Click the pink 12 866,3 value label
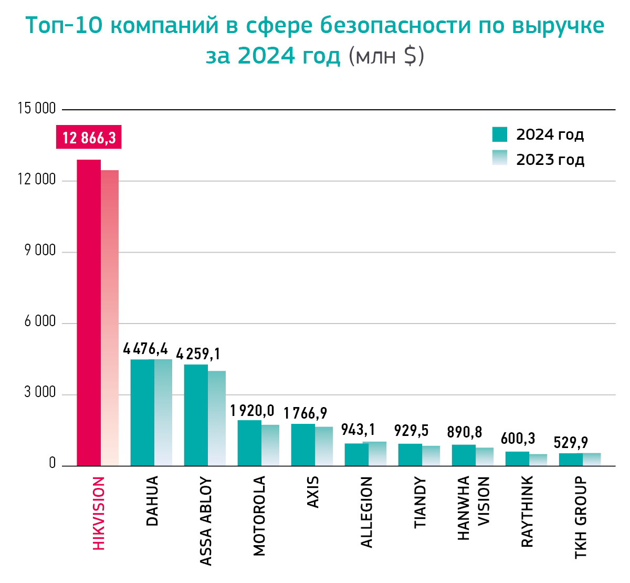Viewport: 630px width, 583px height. pyautogui.click(x=89, y=138)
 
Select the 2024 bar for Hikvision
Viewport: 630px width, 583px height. pyautogui.click(x=89, y=313)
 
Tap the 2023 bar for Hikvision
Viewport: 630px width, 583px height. pyautogui.click(x=110, y=318)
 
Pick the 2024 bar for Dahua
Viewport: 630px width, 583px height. pyautogui.click(x=142, y=412)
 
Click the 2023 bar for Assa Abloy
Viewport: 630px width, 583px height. pyautogui.click(x=217, y=418)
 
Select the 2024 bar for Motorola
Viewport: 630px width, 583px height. pyautogui.click(x=249, y=443)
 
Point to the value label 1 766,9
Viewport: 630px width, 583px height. pyautogui.click(x=306, y=413)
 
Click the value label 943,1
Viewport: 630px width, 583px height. pyautogui.click(x=358, y=430)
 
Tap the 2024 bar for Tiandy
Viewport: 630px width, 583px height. pyautogui.click(x=410, y=455)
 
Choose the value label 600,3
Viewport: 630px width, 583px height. pyautogui.click(x=518, y=438)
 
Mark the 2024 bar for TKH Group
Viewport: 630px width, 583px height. pyautogui.click(x=571, y=460)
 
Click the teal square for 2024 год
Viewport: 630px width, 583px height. pyautogui.click(x=500, y=134)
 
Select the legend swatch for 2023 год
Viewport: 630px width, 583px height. pyautogui.click(x=500, y=158)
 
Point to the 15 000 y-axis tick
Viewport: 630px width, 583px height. pyautogui.click(x=37, y=109)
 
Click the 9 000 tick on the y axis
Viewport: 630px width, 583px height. pyautogui.click(x=40, y=251)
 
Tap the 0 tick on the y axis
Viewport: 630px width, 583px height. pyautogui.click(x=52, y=463)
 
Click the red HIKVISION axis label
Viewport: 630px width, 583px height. pyautogui.click(x=99, y=513)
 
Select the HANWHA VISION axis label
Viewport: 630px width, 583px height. pyautogui.click(x=473, y=508)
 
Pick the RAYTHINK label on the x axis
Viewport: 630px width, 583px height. pyautogui.click(x=527, y=512)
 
